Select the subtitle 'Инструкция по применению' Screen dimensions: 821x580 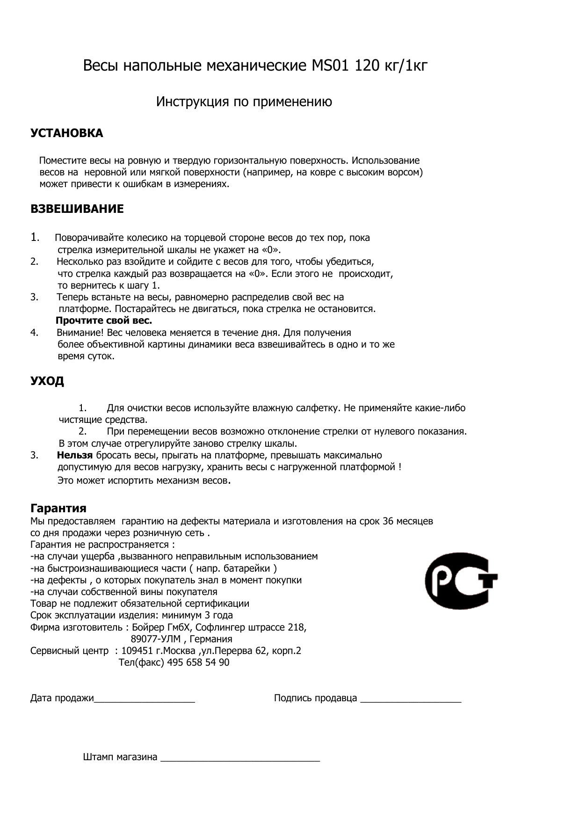coord(244,102)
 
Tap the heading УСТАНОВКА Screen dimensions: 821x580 coord(66,133)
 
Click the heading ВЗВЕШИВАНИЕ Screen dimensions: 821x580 coord(77,209)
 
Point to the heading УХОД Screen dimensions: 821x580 coord(47,381)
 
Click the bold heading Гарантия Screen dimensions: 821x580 coord(58,509)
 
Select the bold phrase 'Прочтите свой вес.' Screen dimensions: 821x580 coord(104,321)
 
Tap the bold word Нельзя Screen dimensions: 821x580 coord(75,455)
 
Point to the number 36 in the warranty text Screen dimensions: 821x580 coord(388,521)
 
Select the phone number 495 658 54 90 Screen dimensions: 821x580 coord(198,662)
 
